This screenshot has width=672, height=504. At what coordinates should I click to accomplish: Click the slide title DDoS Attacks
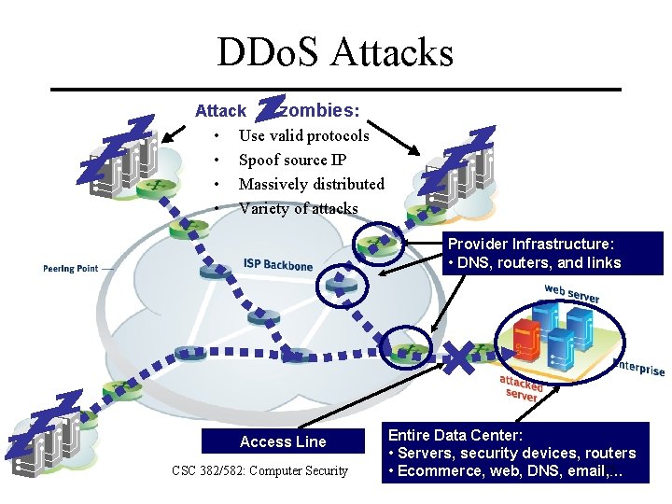pyautogui.click(x=335, y=52)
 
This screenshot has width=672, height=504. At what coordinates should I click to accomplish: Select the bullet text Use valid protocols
pyautogui.click(x=303, y=135)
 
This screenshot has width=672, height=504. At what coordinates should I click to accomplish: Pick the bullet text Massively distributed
pyautogui.click(x=311, y=184)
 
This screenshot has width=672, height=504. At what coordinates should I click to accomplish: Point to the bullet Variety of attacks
pyautogui.click(x=298, y=208)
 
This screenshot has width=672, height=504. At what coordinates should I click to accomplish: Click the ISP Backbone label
pyautogui.click(x=278, y=264)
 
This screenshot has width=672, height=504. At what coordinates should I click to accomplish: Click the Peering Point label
pyautogui.click(x=70, y=269)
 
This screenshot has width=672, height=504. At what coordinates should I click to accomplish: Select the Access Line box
pyautogui.click(x=283, y=441)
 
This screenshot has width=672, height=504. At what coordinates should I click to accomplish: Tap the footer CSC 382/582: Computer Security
pyautogui.click(x=259, y=470)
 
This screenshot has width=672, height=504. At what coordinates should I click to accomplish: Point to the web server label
pyautogui.click(x=571, y=292)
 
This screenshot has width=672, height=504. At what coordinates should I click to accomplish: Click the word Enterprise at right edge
pyautogui.click(x=639, y=367)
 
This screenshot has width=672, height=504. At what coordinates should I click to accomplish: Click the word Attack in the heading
pyautogui.click(x=220, y=111)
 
